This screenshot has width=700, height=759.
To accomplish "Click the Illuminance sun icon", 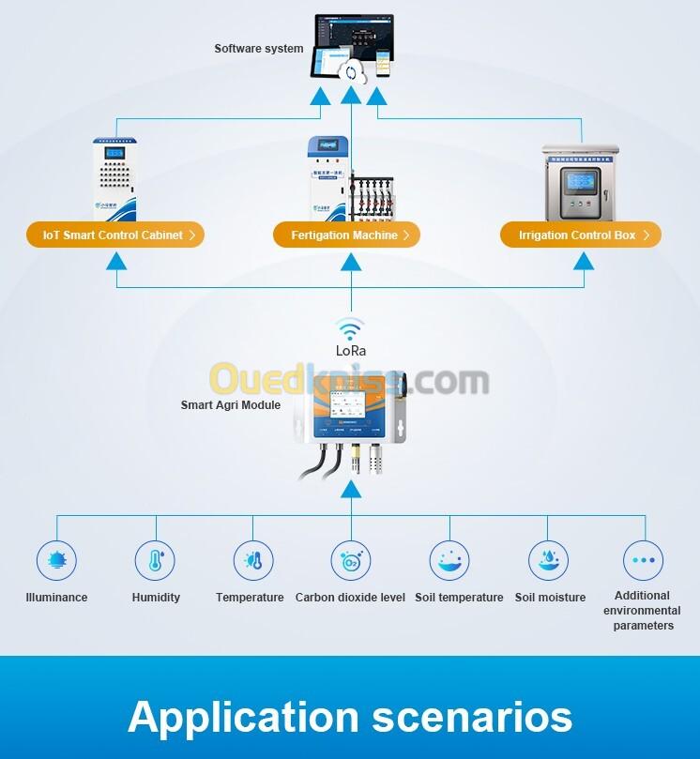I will click(56, 561).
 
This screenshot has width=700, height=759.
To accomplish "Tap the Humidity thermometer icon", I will click(155, 561).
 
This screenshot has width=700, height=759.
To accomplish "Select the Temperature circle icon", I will click(253, 561).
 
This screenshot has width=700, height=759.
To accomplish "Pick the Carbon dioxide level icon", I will click(350, 561).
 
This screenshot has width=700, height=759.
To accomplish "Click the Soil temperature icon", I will click(449, 561).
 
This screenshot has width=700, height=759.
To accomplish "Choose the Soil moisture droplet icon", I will click(548, 561).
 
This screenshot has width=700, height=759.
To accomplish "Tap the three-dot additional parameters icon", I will click(644, 561).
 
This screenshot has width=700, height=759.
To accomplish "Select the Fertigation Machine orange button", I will click(346, 235).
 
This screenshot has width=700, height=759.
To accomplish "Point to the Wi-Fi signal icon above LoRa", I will click(351, 328).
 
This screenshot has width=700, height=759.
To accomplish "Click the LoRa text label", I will click(351, 351).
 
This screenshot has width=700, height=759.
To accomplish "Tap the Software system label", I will click(259, 49).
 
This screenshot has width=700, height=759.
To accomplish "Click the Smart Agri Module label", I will click(231, 405).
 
